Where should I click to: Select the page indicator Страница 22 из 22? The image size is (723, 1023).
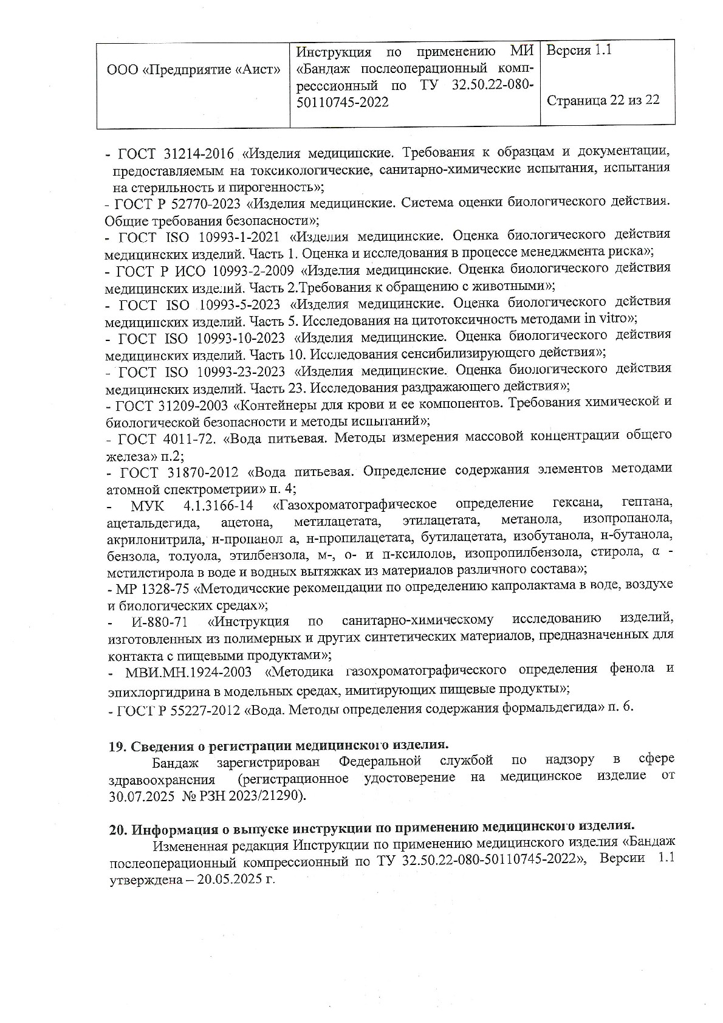(603, 100)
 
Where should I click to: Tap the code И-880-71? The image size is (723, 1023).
(159, 621)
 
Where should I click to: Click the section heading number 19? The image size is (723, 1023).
(116, 746)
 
